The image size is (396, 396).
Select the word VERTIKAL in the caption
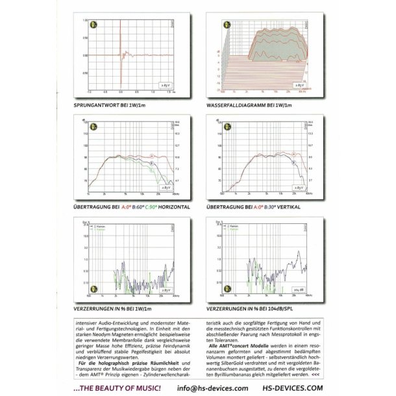point(288,206)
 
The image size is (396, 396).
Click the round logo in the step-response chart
point(92,26)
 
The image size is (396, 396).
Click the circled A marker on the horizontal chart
point(152,155)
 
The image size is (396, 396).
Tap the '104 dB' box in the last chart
point(300,289)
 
